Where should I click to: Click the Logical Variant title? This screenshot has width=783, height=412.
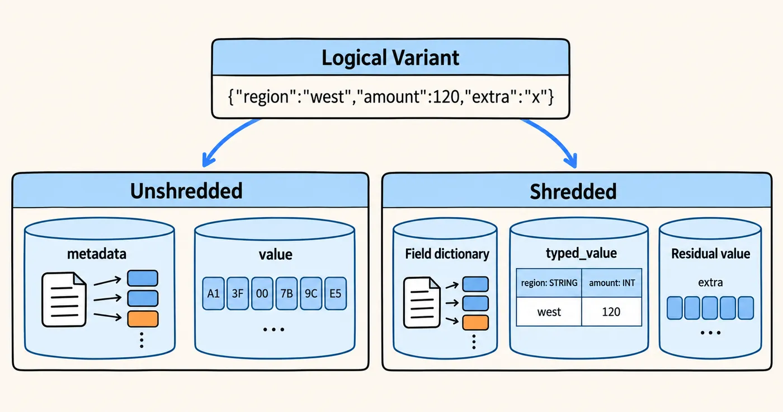point(390,58)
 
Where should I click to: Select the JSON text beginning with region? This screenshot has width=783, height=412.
point(391,96)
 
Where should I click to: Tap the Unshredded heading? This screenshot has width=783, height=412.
point(186,191)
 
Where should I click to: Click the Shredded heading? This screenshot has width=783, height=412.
point(573,191)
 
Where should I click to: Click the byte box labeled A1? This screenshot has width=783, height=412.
point(213,293)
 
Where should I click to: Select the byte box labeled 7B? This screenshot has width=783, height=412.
point(286,293)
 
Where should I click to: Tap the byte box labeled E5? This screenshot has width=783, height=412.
point(336,293)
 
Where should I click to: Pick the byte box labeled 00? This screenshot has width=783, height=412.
point(262,293)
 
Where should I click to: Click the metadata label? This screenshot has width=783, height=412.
point(97,254)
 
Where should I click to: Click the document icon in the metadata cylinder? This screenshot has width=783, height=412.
point(64,299)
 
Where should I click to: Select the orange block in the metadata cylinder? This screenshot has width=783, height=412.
point(143,319)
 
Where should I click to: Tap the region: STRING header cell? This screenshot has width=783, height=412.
point(549,283)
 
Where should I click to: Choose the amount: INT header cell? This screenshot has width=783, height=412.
point(612,283)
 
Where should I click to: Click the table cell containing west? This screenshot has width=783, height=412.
point(549,312)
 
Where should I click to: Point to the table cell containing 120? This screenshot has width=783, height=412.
point(612,312)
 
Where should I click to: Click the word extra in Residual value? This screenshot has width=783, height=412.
point(710,282)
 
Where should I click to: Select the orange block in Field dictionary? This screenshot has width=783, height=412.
point(475,322)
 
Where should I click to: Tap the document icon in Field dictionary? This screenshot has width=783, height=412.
point(422,302)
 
